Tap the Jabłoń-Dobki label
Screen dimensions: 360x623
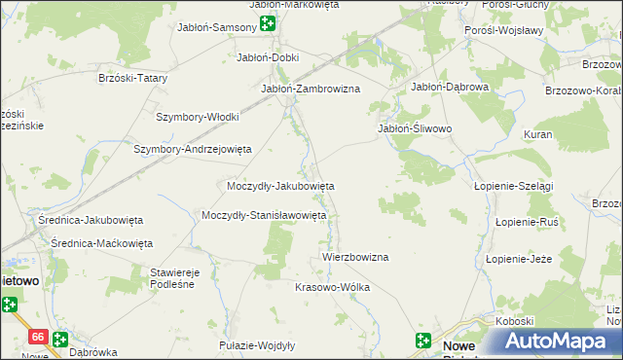point(268,57)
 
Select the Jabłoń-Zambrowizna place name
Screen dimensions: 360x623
point(311,89)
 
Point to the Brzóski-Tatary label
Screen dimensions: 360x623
point(134,78)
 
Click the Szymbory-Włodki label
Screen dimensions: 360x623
point(198,117)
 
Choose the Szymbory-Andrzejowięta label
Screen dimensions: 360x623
point(193,149)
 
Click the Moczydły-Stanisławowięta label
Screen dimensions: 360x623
point(264,215)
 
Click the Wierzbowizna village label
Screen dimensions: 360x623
point(355,257)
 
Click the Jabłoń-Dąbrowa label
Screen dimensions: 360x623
point(450,86)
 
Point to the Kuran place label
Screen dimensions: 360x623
point(537,134)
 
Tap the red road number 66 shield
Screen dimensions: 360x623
point(38,336)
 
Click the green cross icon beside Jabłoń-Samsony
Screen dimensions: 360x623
point(268,26)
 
